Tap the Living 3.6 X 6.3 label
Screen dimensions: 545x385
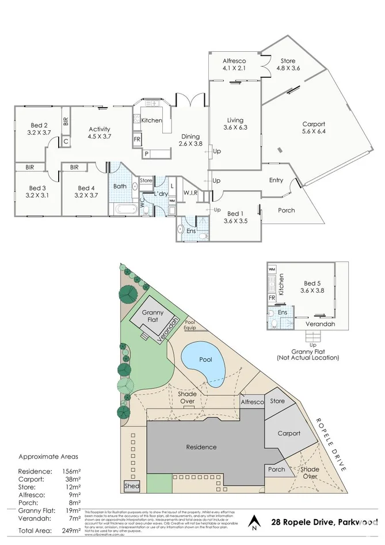[x=235, y=124]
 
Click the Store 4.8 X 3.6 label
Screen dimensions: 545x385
[x=288, y=64]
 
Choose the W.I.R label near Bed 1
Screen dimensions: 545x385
[x=191, y=192]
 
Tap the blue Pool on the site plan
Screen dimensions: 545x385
[x=204, y=362]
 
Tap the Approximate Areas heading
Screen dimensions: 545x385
[x=48, y=456]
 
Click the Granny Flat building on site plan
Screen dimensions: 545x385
[x=153, y=316]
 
